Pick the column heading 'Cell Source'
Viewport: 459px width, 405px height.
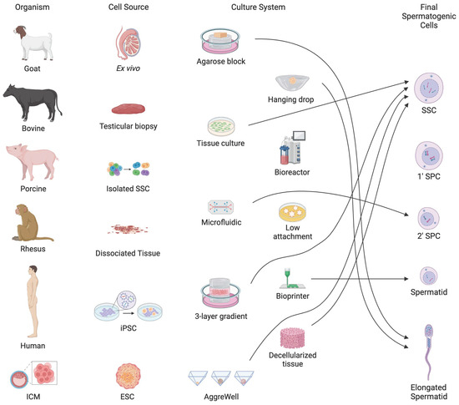(126, 8)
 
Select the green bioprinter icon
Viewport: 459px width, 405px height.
(293, 274)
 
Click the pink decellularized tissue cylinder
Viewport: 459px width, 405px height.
(293, 342)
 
